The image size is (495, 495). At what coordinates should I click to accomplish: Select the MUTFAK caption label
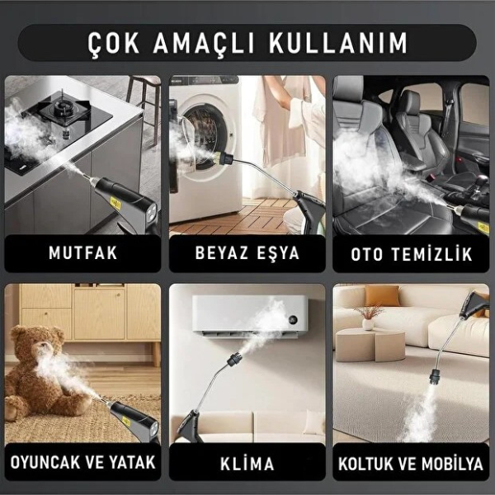82,253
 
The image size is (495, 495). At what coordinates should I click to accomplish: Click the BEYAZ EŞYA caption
247,253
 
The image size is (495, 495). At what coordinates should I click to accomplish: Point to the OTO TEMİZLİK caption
412,253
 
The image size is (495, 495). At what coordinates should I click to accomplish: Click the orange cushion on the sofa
381,296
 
